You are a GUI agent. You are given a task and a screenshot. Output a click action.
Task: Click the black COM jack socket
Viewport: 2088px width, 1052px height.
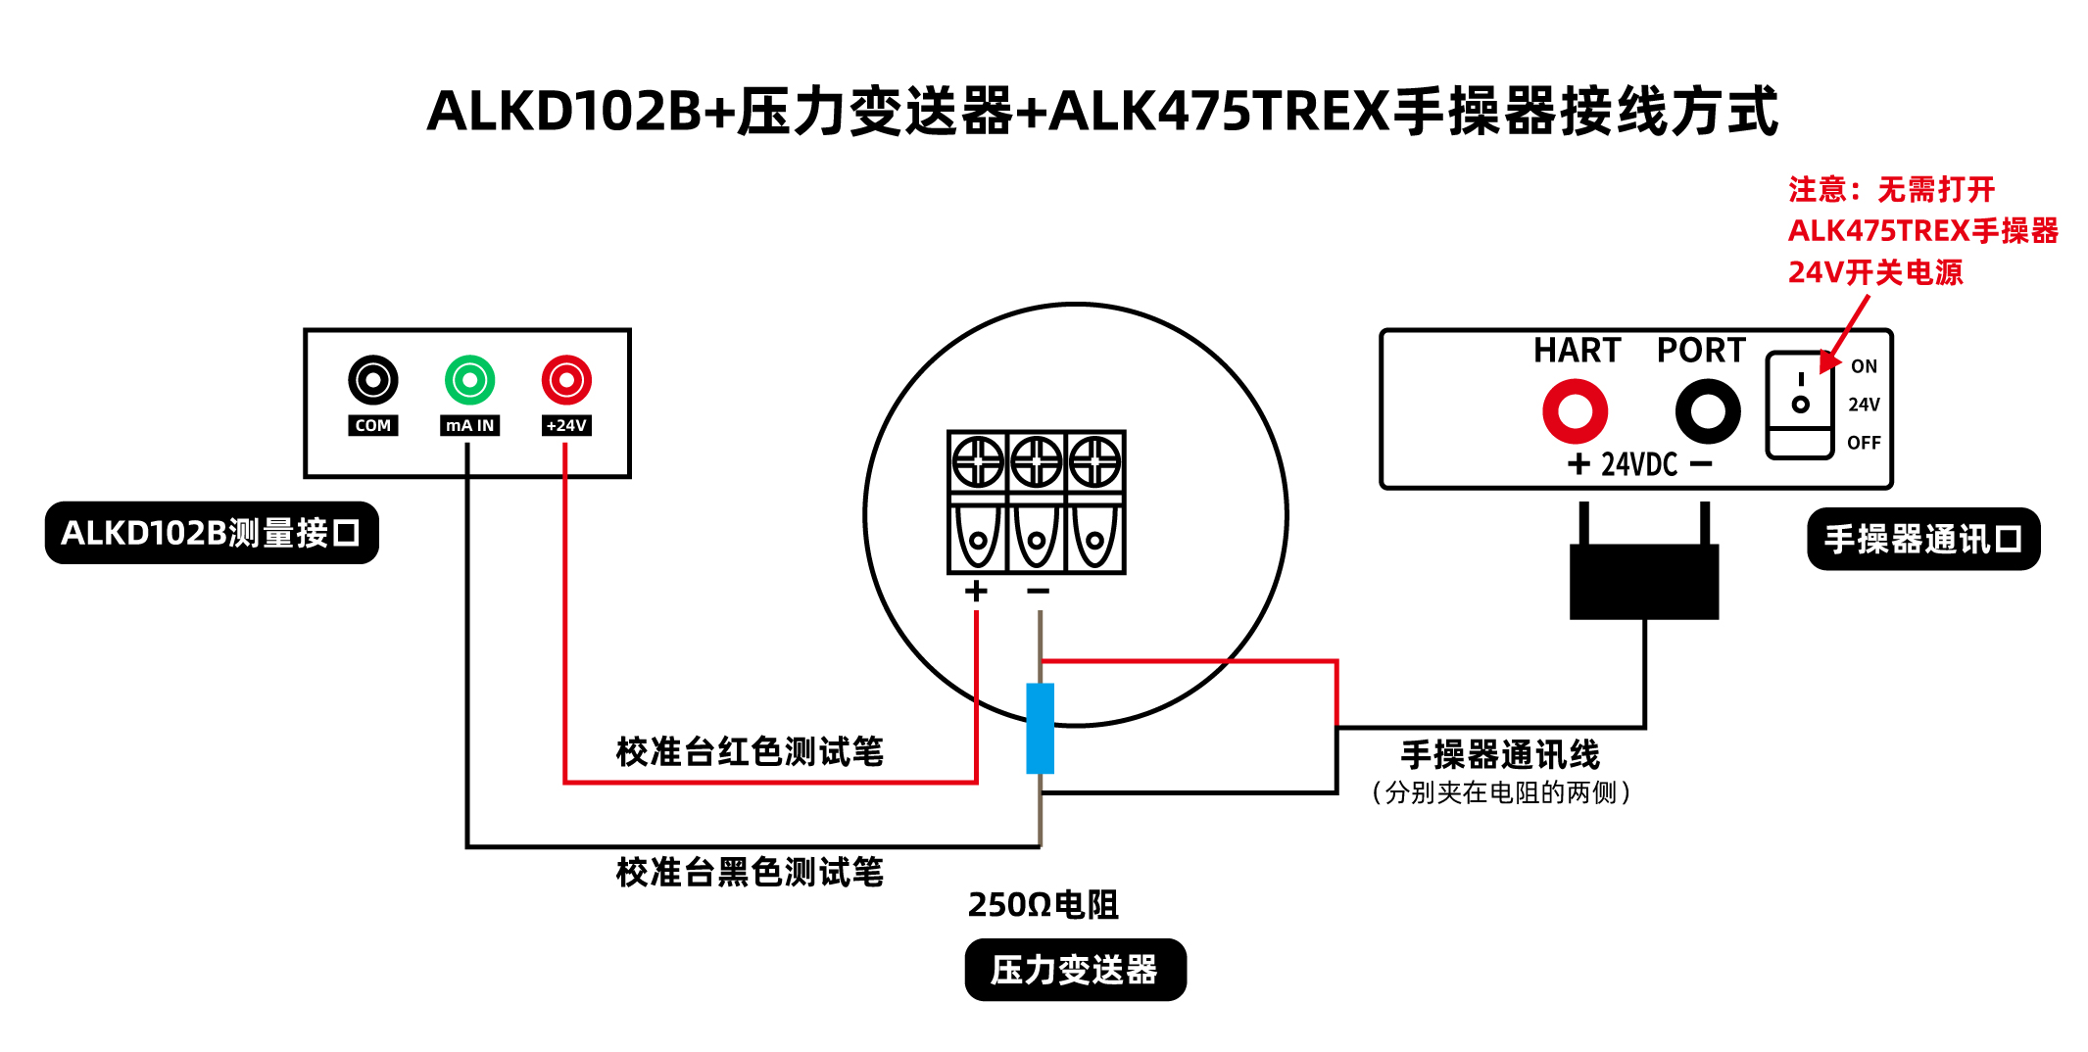coord(372,380)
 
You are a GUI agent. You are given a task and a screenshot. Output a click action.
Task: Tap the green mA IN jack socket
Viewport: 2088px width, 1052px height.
coord(469,380)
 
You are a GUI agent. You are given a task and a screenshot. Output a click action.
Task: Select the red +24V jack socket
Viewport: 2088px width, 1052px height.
coord(566,380)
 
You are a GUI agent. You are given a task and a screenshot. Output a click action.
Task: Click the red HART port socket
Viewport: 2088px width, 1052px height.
coord(1576,410)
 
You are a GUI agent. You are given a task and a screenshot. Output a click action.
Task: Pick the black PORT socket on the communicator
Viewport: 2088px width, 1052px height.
coord(1708,410)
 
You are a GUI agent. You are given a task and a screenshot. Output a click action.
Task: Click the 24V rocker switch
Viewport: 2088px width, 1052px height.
coord(1800,405)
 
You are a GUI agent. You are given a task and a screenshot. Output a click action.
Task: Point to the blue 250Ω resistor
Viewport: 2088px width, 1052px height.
coord(1040,728)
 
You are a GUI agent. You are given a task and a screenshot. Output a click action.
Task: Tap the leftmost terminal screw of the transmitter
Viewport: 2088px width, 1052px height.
coord(978,461)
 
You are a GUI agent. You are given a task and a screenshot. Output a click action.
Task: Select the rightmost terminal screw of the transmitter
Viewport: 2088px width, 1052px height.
coord(1094,461)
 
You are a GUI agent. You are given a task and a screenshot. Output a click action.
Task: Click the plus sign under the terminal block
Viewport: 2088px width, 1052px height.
coord(976,591)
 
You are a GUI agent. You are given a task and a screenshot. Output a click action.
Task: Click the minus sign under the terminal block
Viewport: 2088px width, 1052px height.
coord(1039,591)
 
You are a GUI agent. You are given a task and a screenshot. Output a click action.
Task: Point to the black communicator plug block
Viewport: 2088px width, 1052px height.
coord(1644,582)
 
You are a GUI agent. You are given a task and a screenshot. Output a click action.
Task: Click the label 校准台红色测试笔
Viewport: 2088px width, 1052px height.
coord(750,751)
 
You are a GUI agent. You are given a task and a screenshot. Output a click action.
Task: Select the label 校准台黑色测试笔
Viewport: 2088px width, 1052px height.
coord(750,872)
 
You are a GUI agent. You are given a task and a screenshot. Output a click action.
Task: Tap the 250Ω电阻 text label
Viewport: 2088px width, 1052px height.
coord(1043,904)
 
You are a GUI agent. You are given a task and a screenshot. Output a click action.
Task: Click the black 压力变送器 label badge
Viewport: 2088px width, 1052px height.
coord(1075,970)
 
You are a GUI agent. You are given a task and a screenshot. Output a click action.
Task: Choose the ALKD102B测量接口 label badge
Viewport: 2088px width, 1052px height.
coord(212,533)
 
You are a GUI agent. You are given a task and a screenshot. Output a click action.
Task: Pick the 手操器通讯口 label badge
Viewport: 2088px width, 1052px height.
coord(1923,539)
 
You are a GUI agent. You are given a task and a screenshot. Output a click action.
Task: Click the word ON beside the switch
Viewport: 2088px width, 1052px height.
coord(1864,366)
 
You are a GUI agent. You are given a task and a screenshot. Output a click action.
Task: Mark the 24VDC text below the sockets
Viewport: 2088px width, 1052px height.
coord(1639,464)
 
